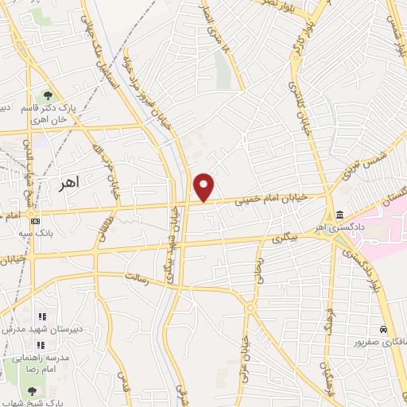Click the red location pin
click(x=204, y=186)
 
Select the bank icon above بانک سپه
click(x=36, y=220)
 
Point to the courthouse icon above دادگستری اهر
click(x=340, y=216)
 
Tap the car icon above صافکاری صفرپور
click(x=384, y=329)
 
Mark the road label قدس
click(x=123, y=382)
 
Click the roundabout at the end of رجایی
click(x=251, y=307)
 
